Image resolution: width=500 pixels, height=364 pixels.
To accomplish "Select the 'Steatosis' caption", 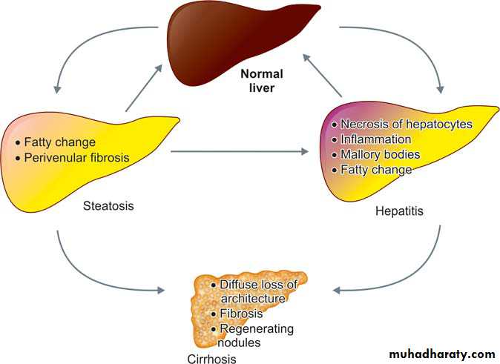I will click(109, 205).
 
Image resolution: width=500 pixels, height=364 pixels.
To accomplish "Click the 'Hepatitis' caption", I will click(398, 211).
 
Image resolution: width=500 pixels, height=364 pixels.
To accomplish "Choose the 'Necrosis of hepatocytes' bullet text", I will click(406, 124).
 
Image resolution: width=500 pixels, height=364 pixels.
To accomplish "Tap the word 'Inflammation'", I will click(375, 139).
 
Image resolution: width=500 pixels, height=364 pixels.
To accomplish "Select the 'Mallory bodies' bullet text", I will click(380, 154).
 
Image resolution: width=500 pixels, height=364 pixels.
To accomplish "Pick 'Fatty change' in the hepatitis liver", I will click(376, 170).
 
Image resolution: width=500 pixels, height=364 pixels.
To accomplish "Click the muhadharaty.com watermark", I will click(441, 354).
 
